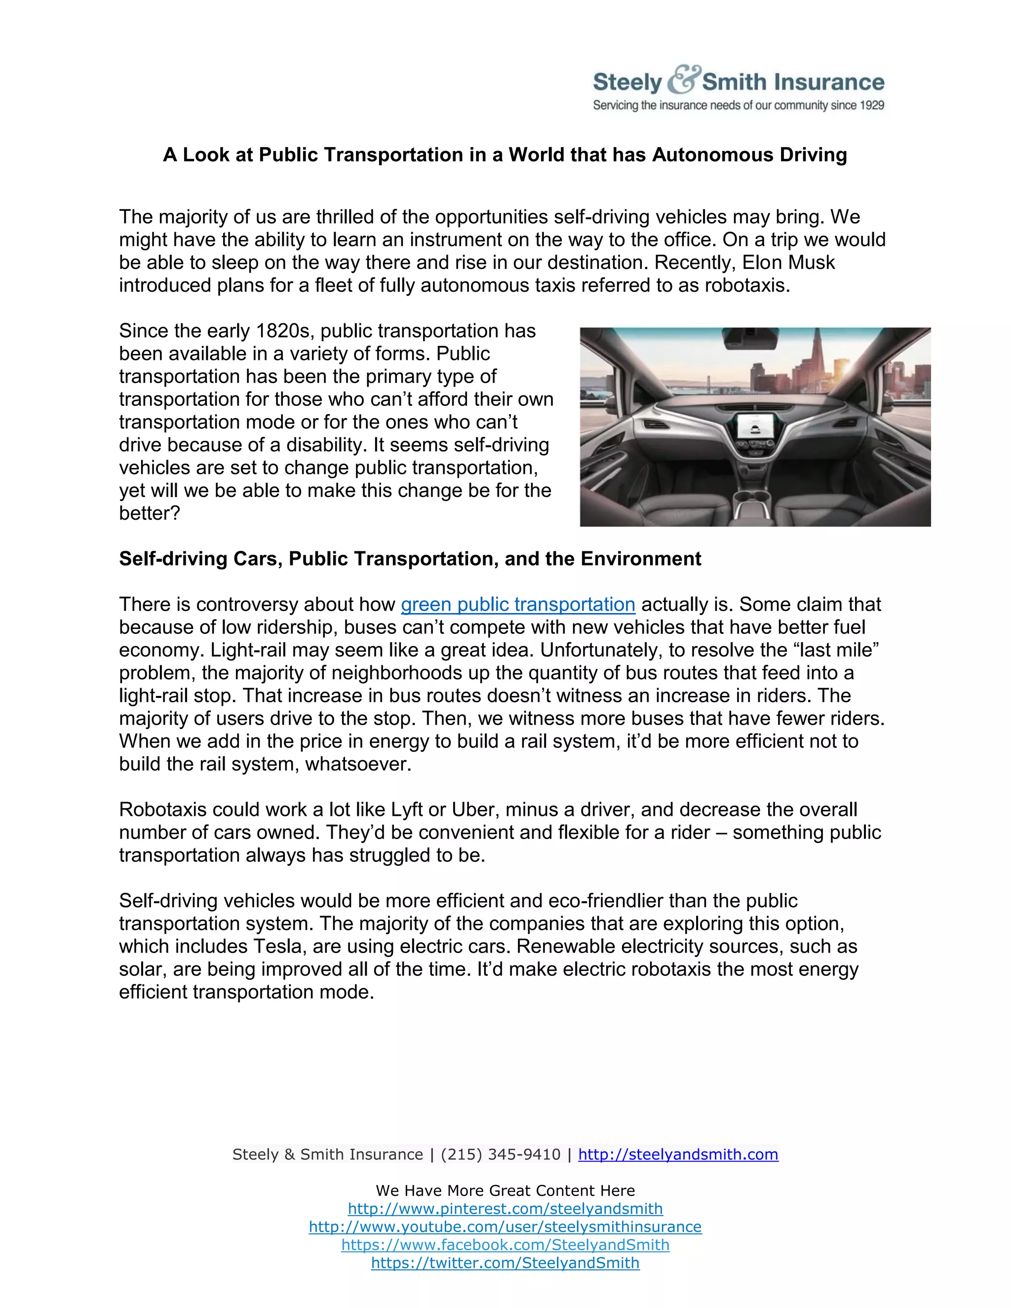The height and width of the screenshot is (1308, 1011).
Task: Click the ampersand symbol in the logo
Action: click(682, 79)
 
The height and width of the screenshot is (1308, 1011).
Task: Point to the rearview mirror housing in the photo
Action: click(750, 339)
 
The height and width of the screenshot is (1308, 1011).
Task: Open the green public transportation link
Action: click(517, 604)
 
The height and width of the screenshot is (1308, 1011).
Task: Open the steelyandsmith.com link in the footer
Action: click(678, 1154)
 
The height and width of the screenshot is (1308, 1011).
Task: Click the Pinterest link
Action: click(505, 1209)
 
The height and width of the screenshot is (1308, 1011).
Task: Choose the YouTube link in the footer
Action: click(505, 1227)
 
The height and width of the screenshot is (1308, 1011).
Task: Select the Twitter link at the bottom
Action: click(505, 1263)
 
